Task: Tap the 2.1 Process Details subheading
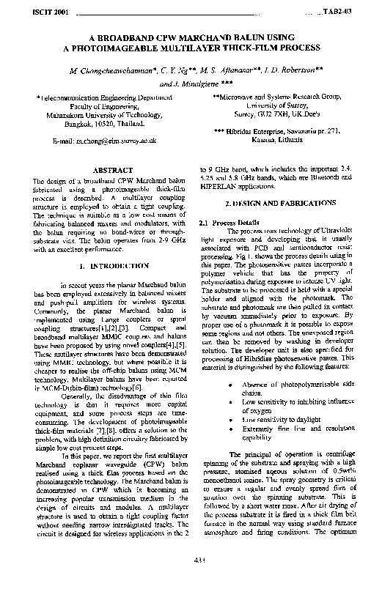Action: [x=229, y=221]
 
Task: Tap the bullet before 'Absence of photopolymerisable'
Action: [x=232, y=385]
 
